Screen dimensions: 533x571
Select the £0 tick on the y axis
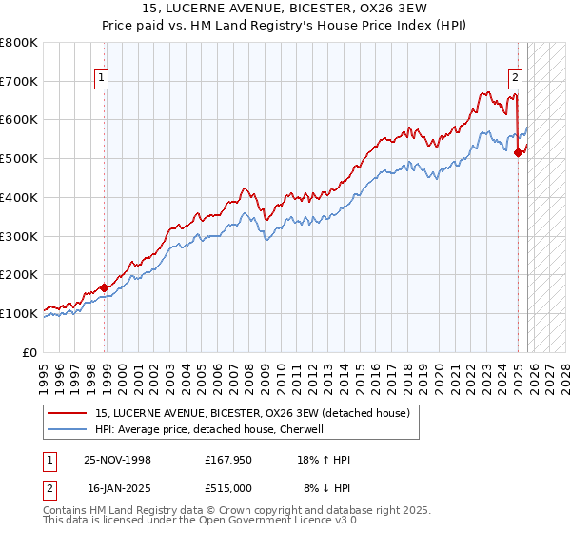point(30,352)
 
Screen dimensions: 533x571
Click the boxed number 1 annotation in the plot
point(101,79)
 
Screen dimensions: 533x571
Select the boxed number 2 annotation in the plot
point(515,79)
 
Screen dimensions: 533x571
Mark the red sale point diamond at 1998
point(105,286)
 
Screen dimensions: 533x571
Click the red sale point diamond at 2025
point(518,152)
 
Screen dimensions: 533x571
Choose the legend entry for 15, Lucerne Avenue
point(252,413)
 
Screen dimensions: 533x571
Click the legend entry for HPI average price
point(209,430)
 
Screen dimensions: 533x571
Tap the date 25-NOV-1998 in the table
point(118,460)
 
